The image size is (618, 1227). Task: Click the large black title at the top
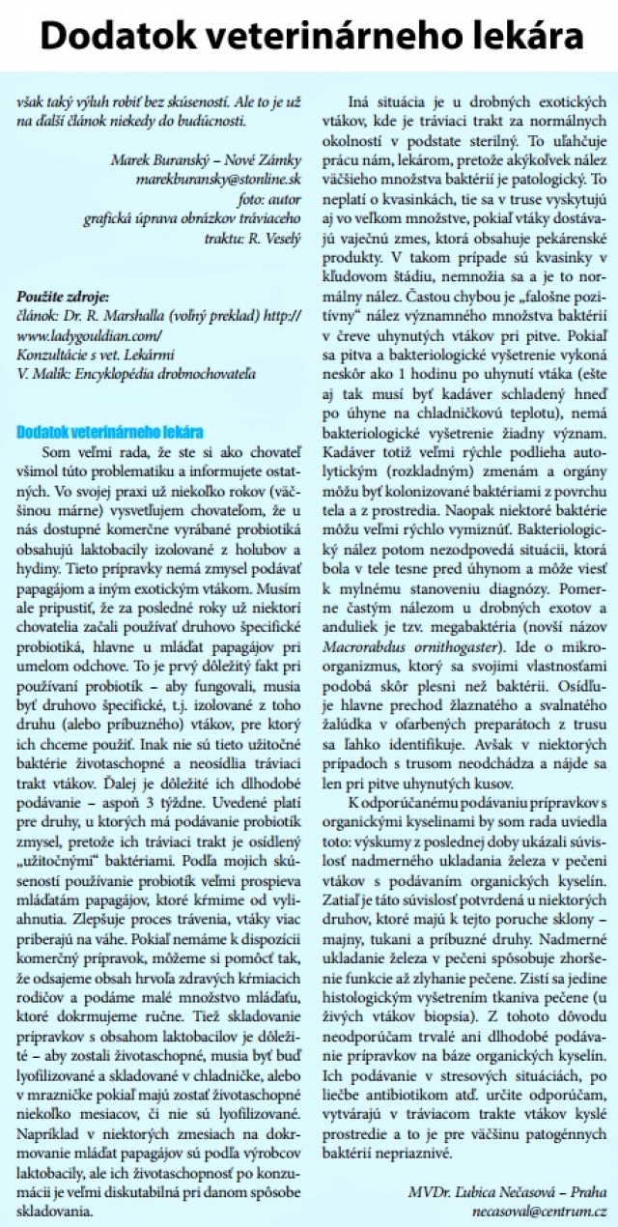(309, 36)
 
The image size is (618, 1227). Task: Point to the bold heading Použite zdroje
(63, 297)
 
